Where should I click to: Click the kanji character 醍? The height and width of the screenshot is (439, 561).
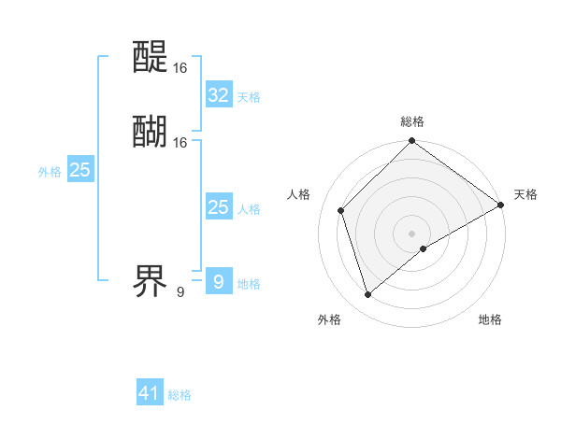click(x=151, y=59)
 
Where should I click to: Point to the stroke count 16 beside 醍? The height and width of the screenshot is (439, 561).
click(x=180, y=68)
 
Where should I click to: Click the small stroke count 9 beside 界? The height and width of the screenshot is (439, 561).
click(x=180, y=292)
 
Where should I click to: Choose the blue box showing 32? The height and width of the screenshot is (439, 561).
click(x=218, y=95)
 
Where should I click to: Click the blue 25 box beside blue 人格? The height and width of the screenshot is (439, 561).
click(x=218, y=207)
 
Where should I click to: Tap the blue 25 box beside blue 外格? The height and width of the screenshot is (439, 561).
click(x=79, y=170)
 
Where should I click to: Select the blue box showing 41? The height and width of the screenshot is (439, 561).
click(x=150, y=393)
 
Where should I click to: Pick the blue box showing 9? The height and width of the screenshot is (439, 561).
click(x=218, y=281)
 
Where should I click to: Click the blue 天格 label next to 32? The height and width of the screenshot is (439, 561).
click(x=249, y=97)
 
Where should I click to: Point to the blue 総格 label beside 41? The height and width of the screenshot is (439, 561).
click(x=180, y=395)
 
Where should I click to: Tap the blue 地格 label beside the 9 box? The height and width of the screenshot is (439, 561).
click(x=249, y=284)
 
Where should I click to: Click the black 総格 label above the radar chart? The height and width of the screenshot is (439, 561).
click(x=412, y=121)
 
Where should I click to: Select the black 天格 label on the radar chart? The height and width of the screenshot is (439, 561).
click(x=525, y=194)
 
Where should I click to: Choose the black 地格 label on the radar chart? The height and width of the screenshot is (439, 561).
click(x=490, y=319)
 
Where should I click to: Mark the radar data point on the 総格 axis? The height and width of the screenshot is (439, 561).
click(x=412, y=142)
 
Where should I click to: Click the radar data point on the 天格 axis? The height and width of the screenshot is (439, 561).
click(x=500, y=205)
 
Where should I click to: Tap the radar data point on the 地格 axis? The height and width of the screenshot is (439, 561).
click(x=424, y=248)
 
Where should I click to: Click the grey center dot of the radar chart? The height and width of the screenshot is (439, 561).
click(x=412, y=233)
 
